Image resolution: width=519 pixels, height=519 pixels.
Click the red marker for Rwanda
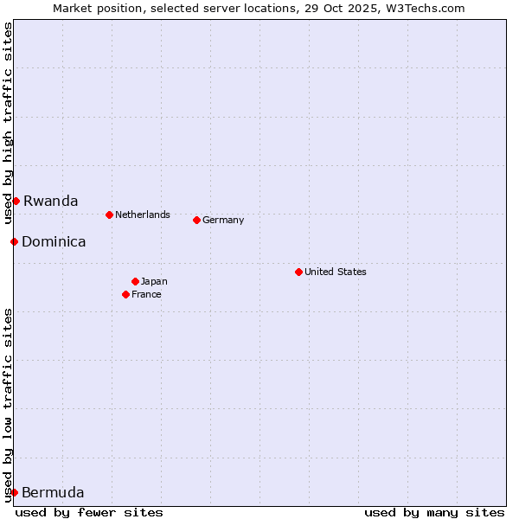16,201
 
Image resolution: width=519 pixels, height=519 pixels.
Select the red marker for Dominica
14,241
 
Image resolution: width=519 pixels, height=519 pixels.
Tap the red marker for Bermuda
14,492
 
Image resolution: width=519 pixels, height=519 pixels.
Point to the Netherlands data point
109,215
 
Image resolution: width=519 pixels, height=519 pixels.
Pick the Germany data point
196,220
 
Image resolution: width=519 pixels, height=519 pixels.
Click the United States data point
298,272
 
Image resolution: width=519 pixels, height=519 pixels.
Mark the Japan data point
135,281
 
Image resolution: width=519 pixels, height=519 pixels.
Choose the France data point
125,294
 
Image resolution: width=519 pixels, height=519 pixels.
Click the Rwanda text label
50,201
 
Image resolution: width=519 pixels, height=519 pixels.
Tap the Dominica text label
54,241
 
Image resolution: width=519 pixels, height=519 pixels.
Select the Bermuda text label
53,492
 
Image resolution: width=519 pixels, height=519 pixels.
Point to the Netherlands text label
143,215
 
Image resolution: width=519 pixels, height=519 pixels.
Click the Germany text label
223,220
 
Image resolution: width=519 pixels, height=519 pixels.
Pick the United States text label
336,272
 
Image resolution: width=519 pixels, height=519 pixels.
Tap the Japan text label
154,281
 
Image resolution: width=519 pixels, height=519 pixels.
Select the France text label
146,294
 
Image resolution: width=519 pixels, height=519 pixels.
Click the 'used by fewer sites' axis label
89,512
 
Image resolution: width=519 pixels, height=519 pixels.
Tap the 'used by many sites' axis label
434,512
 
